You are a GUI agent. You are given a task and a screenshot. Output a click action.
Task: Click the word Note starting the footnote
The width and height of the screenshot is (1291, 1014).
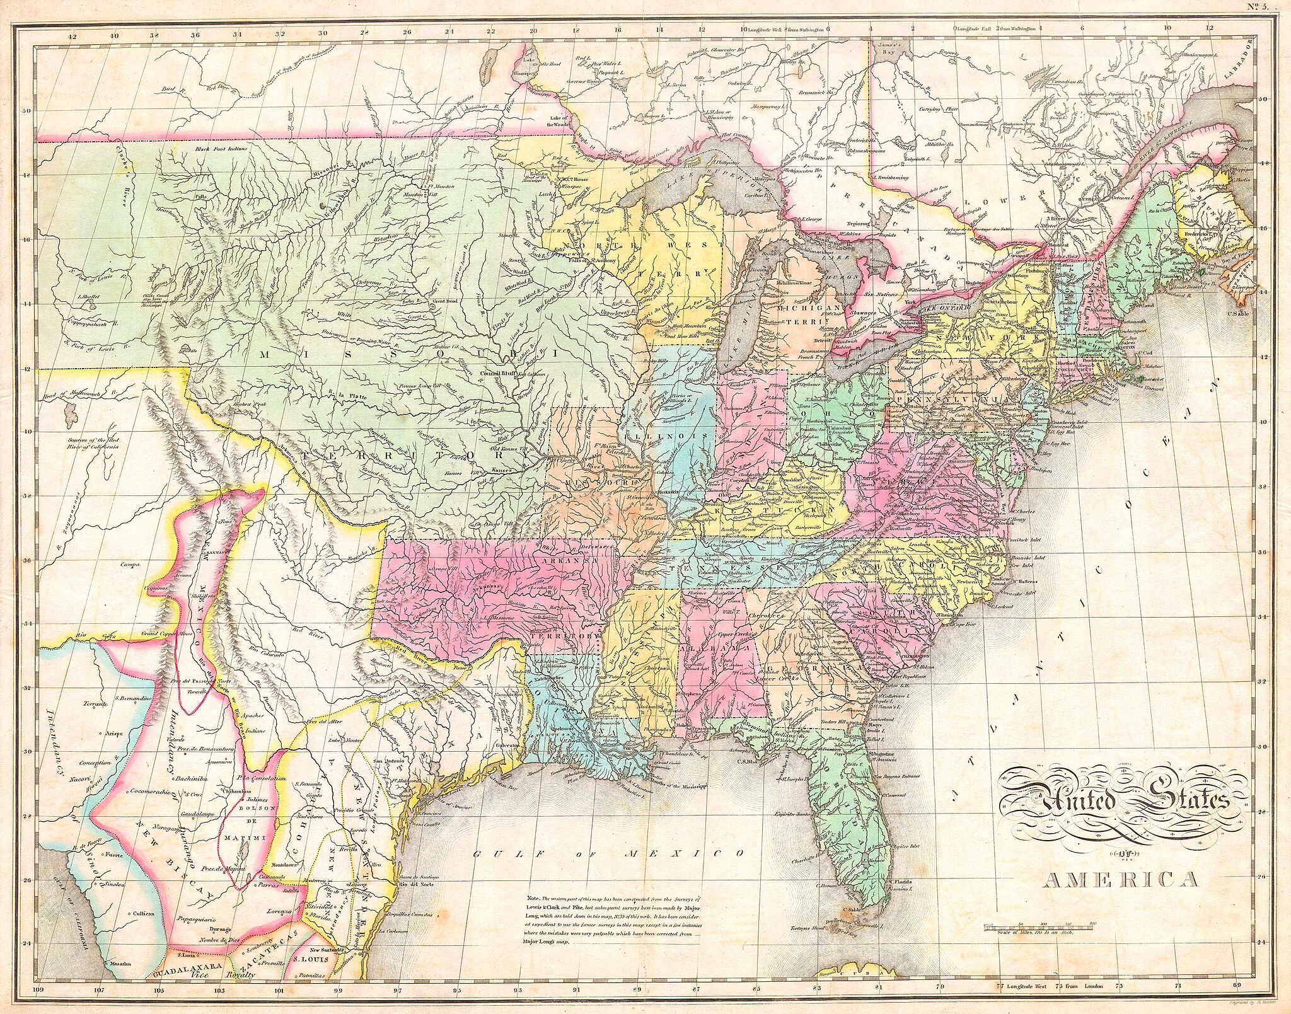(533, 897)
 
